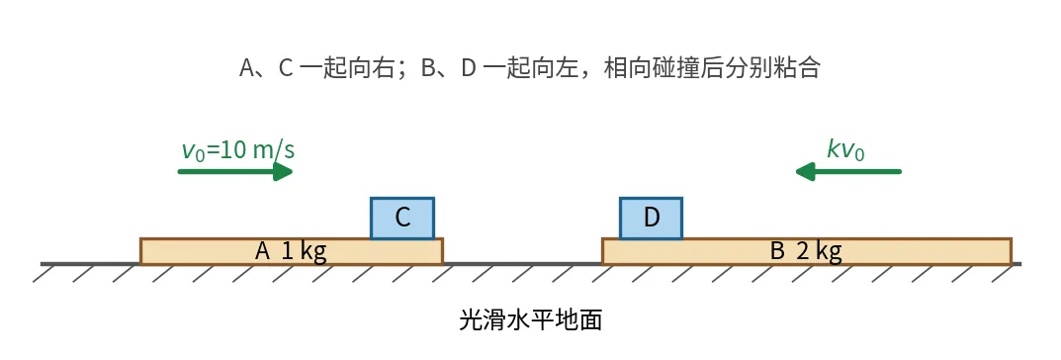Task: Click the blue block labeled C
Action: coord(402,218)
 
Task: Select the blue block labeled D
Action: coord(651,218)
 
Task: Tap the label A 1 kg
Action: coord(291,252)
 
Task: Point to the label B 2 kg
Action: coord(807,252)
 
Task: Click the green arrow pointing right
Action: coord(235,171)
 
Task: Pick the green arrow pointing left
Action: coord(848,171)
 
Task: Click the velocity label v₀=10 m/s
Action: coord(238,149)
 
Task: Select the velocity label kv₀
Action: coord(845,149)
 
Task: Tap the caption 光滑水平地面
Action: coord(530,319)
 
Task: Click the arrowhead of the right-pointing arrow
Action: coord(284,171)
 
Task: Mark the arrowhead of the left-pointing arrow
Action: coord(805,171)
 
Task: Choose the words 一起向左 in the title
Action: coord(529,67)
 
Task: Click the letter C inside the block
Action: coord(402,218)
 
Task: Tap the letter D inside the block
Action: coord(651,218)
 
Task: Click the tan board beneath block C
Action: coord(292,252)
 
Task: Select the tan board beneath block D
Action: coord(807,252)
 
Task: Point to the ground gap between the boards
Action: coord(523,264)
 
